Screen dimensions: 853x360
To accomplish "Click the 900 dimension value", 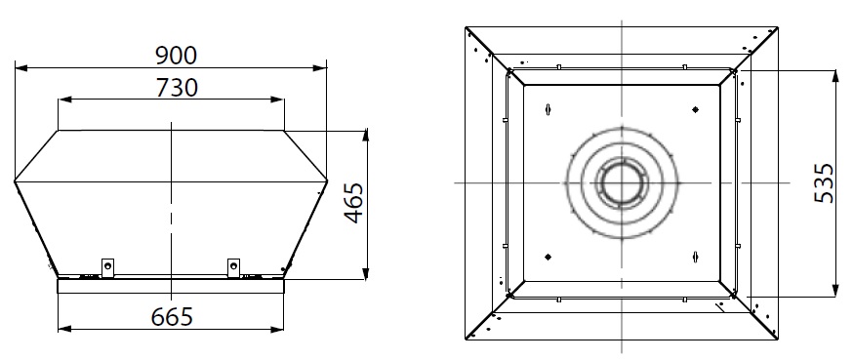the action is pyautogui.click(x=176, y=56).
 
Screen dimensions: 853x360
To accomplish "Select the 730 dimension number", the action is pyautogui.click(x=177, y=87).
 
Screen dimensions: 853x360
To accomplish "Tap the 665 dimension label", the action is pyautogui.click(x=172, y=316).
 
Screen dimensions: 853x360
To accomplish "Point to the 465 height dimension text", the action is pyautogui.click(x=354, y=203).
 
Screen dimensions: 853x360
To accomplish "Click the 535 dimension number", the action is pyautogui.click(x=824, y=183).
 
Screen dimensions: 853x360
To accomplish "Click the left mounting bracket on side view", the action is pyautogui.click(x=108, y=268).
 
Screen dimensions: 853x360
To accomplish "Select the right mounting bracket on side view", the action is pyautogui.click(x=233, y=268).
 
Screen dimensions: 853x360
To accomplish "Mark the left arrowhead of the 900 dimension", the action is pyautogui.click(x=20, y=68).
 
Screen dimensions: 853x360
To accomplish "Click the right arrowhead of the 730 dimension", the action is pyautogui.click(x=277, y=100).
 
